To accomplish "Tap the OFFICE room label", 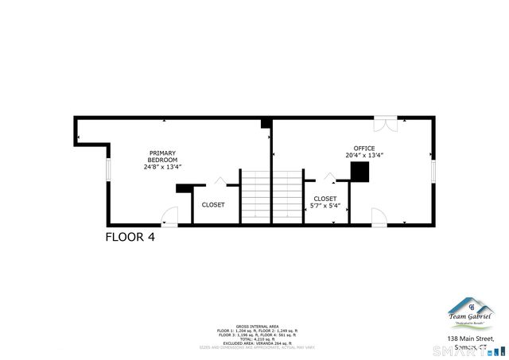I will (x=364, y=149).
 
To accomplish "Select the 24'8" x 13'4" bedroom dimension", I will (x=162, y=167).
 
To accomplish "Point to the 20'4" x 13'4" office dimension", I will (x=364, y=156).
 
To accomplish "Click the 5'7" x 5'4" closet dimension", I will (x=325, y=206).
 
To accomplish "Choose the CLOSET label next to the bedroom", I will (x=212, y=204).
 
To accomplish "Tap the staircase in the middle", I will (x=272, y=195).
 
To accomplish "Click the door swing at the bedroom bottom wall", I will (x=169, y=216).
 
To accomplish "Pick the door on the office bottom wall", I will (x=379, y=217).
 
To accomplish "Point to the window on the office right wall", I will (x=433, y=170).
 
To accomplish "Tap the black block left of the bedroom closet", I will (x=184, y=188).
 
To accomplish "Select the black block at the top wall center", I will (x=266, y=123).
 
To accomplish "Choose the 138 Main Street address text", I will (x=470, y=339).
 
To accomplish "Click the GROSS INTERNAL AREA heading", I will (x=258, y=326).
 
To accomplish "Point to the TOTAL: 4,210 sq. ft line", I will (x=258, y=338).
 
